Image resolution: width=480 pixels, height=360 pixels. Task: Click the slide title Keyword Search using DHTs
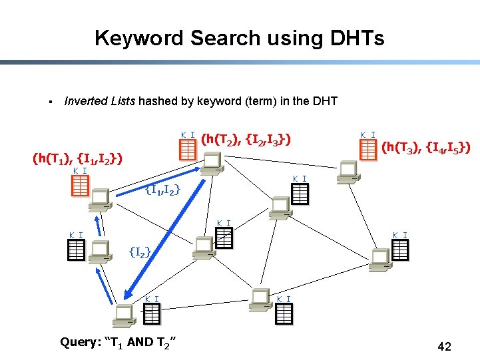(x=239, y=38)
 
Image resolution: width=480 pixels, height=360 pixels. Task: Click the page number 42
(x=444, y=347)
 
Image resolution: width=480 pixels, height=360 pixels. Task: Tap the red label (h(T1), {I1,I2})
(x=77, y=159)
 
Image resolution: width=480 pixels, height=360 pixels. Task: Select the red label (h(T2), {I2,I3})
(x=246, y=139)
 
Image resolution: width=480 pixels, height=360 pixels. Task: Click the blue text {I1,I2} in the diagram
(x=162, y=191)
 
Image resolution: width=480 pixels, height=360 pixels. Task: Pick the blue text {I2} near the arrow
(x=140, y=252)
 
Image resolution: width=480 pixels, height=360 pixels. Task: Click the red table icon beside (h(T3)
(x=368, y=150)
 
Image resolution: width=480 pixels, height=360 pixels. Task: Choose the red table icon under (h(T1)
(x=80, y=186)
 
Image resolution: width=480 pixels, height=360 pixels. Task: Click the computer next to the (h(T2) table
(x=213, y=162)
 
